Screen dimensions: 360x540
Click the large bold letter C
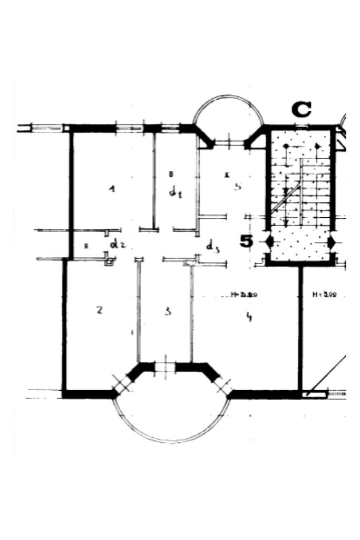click(301, 110)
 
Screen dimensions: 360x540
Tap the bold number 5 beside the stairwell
click(246, 241)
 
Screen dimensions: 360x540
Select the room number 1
click(111, 188)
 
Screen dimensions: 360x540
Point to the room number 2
click(100, 310)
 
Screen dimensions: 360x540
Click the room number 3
click(168, 311)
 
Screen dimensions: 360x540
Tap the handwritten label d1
click(175, 192)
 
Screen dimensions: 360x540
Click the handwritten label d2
click(116, 244)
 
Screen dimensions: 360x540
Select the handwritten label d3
click(212, 246)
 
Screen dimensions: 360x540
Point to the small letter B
click(171, 173)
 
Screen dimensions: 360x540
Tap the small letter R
click(86, 246)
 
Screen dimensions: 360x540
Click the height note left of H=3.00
click(244, 295)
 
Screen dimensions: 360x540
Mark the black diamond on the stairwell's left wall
click(269, 242)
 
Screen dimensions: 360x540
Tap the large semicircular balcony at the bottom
click(171, 419)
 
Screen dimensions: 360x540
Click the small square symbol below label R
click(109, 261)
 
